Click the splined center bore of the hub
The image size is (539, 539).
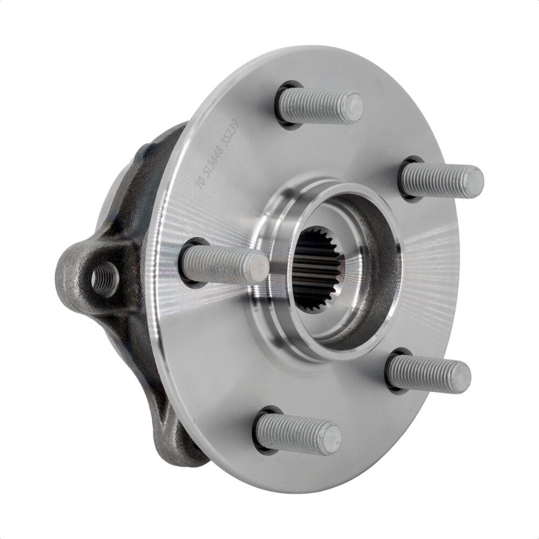[x=317, y=269]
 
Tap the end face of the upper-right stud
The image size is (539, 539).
[x=473, y=182]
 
